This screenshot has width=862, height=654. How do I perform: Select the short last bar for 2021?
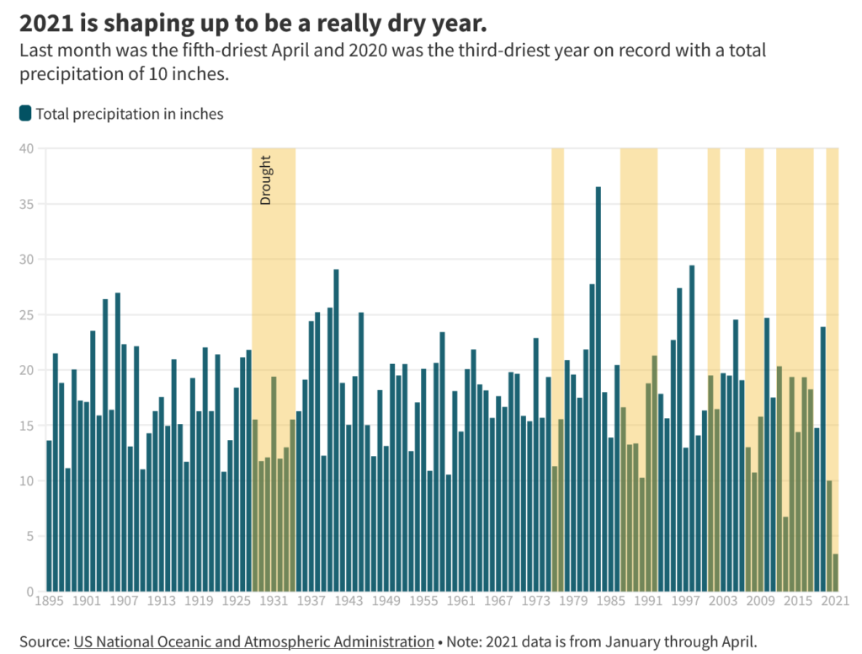(x=836, y=572)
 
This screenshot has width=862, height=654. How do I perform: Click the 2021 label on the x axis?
(x=833, y=602)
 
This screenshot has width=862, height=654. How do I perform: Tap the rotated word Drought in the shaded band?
(x=265, y=180)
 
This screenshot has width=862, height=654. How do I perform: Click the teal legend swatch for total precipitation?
(x=25, y=113)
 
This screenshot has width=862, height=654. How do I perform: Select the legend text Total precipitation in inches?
(x=130, y=114)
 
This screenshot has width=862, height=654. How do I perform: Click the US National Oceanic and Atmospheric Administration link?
(x=253, y=641)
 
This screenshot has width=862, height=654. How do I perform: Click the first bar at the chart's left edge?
(x=49, y=515)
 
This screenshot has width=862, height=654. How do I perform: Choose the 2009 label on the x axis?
(x=761, y=602)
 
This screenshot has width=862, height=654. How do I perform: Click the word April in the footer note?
(x=737, y=641)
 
